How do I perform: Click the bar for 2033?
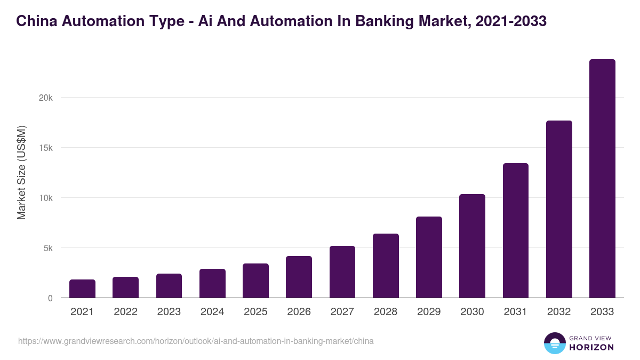[602, 179]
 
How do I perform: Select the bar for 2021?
[82, 289]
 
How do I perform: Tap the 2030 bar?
[472, 246]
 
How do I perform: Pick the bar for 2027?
[342, 272]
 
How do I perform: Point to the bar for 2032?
[559, 209]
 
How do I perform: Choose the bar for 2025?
[255, 281]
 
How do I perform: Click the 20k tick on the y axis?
[45, 98]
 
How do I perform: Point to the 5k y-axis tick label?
[47, 248]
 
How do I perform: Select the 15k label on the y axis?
[45, 148]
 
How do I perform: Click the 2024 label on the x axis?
[212, 312]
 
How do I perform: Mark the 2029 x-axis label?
[429, 312]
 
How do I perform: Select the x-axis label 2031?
[516, 312]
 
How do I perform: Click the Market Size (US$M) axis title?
[21, 172]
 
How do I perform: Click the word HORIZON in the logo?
[591, 347]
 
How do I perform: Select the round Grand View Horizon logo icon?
[555, 343]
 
